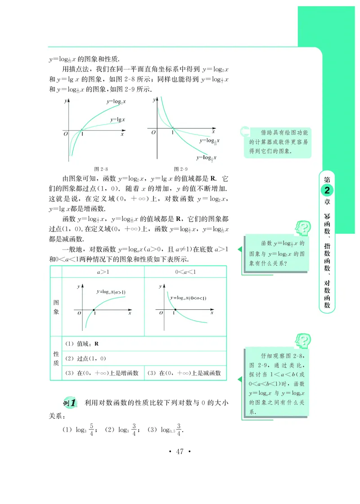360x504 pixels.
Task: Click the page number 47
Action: [180, 452]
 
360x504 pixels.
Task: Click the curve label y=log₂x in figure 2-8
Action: [116, 102]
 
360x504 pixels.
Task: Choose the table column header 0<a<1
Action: [185, 272]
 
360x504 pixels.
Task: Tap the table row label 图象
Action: [56, 308]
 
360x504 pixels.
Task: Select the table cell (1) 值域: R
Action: [82, 344]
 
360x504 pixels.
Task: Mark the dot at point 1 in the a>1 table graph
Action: [94, 309]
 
